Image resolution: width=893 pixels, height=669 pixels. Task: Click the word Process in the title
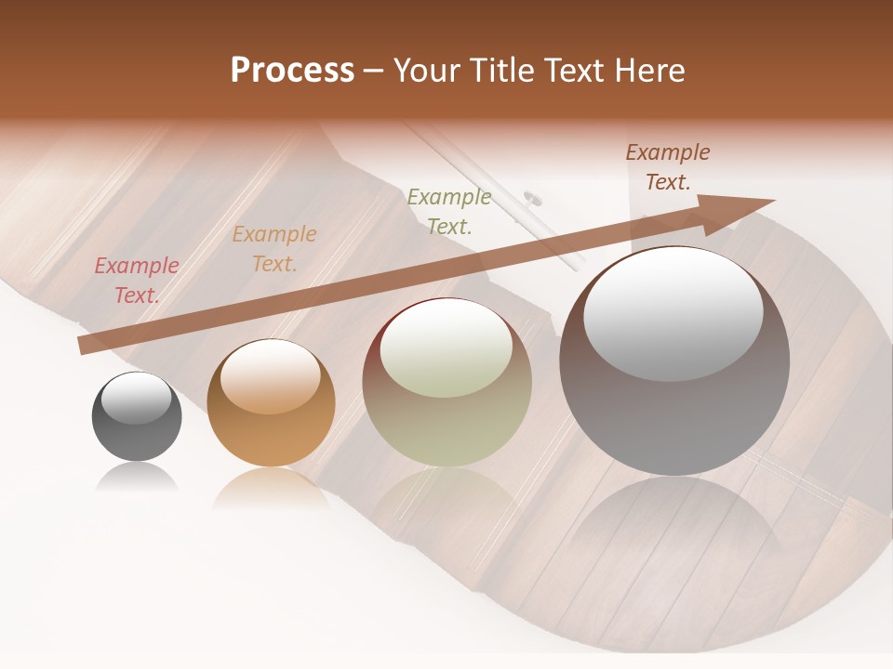[292, 71]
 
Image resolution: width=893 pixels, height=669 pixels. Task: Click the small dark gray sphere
[137, 417]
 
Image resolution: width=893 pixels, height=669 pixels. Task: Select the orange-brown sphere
[271, 404]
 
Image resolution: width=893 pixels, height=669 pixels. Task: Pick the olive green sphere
[446, 383]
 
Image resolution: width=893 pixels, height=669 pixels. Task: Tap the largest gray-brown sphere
[674, 362]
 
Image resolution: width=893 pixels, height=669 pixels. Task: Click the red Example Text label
[137, 281]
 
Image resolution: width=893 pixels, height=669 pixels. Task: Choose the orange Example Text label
[274, 249]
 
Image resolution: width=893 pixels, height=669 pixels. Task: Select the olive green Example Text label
[449, 211]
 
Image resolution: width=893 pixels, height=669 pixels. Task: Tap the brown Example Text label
[668, 167]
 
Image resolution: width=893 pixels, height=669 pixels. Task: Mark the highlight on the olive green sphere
[446, 349]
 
